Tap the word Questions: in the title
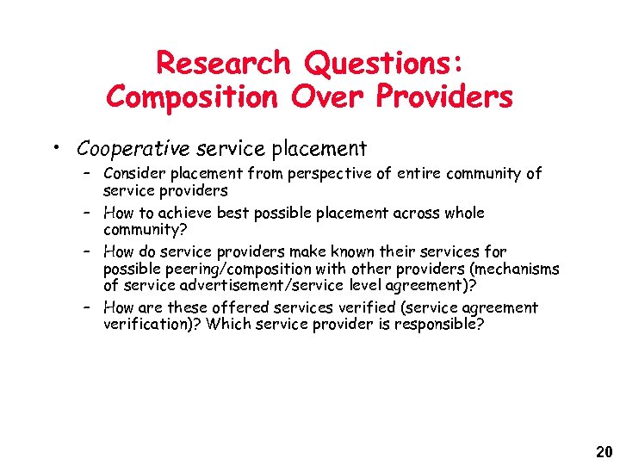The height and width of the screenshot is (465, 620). tap(382, 63)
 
